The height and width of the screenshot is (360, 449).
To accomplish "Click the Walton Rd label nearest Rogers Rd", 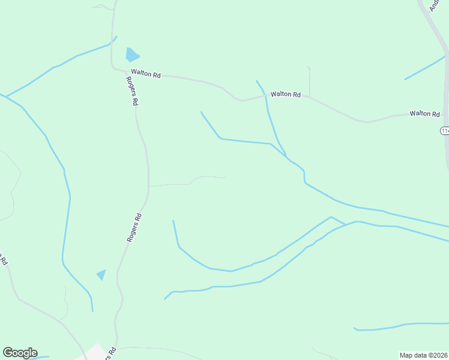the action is click(147, 75).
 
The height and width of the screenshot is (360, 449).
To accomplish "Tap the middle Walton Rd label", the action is click(285, 94).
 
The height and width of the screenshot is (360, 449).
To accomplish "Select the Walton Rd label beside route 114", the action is click(425, 113).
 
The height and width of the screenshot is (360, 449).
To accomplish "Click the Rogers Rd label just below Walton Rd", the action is click(131, 91).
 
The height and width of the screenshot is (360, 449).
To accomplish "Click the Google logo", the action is click(20, 353).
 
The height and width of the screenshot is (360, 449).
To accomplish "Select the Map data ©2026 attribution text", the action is click(424, 355).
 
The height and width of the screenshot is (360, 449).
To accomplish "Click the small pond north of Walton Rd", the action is click(131, 55).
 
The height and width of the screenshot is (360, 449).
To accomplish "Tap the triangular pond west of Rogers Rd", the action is click(101, 274).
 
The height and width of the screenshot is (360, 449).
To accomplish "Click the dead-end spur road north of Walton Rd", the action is click(309, 80).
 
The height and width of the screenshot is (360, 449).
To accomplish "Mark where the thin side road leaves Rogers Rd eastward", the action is click(149, 186).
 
